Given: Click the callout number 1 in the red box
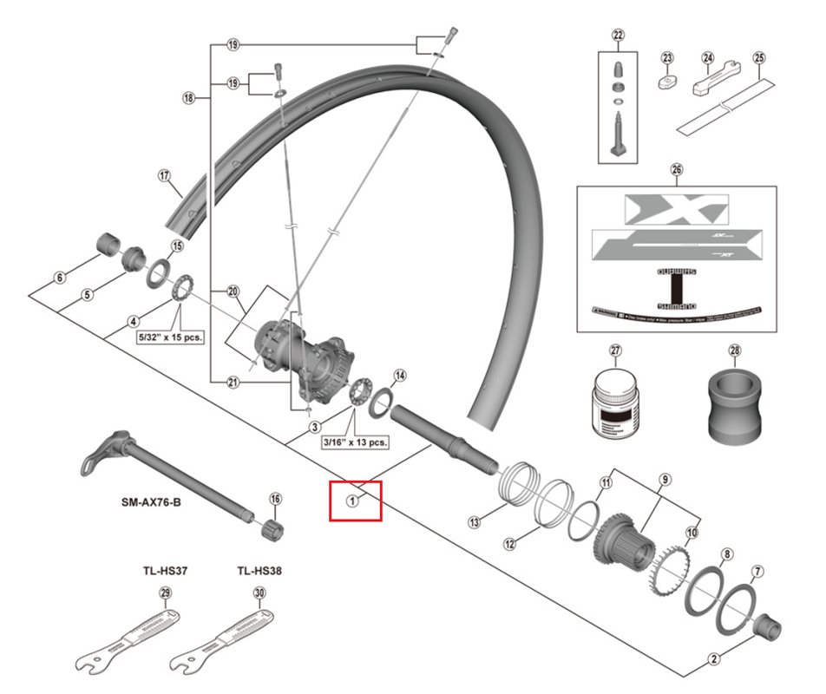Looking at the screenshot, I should point(353,500).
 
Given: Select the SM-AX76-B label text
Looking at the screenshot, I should point(150,502).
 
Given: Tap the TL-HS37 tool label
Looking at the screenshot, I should point(166,572).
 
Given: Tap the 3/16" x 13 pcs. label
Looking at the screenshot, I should point(355,442).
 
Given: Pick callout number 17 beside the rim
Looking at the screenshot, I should point(164,175).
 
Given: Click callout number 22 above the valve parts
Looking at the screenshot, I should point(618,36).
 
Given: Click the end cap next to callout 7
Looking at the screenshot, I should point(769,625).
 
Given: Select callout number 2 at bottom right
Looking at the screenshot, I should point(714,659).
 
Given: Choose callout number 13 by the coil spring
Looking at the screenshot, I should point(474,521).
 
